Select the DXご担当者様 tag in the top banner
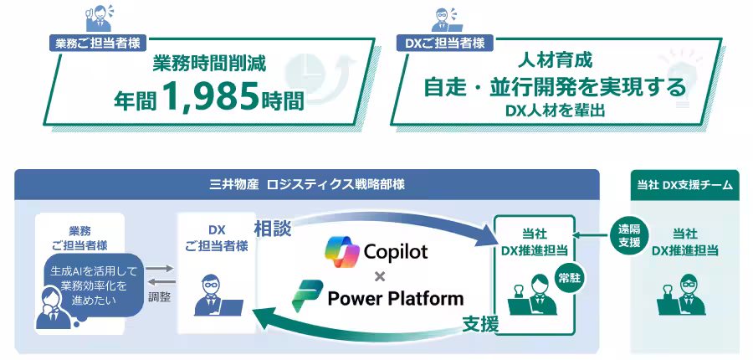click(443, 44)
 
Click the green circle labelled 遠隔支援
click(630, 237)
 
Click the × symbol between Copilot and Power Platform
click(379, 275)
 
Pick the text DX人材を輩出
click(554, 111)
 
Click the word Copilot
click(396, 251)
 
